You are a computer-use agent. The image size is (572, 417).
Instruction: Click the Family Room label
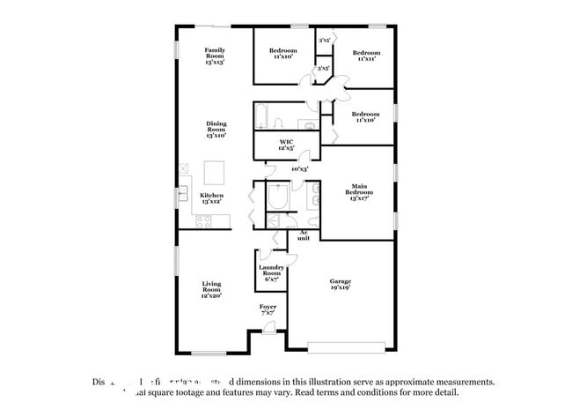pos(215,56)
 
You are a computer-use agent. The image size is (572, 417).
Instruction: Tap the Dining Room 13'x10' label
pos(216,130)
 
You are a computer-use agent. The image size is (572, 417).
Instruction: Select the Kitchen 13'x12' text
pos(211,198)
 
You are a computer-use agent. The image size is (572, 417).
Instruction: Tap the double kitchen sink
pos(184,193)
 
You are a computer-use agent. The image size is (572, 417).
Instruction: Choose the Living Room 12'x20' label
pos(211,290)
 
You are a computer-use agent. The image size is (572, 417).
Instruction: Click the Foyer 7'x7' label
pos(268,309)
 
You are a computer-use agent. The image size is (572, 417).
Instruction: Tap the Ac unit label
pos(303,235)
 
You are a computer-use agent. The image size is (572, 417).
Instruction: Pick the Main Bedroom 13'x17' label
pos(359,192)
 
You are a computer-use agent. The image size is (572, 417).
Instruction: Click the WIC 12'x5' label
pos(286,145)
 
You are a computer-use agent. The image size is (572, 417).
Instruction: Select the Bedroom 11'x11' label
pos(366,56)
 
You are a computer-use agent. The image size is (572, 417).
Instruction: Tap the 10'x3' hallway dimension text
pos(299,169)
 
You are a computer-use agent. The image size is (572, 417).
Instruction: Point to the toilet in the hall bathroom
pos(278,123)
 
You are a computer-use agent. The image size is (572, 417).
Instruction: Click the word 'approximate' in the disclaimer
pos(408,383)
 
